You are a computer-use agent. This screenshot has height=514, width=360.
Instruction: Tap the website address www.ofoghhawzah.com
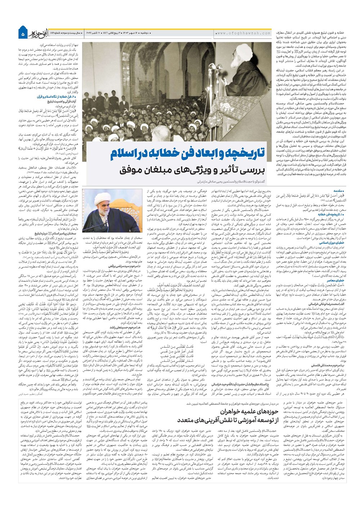[x=244, y=33]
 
